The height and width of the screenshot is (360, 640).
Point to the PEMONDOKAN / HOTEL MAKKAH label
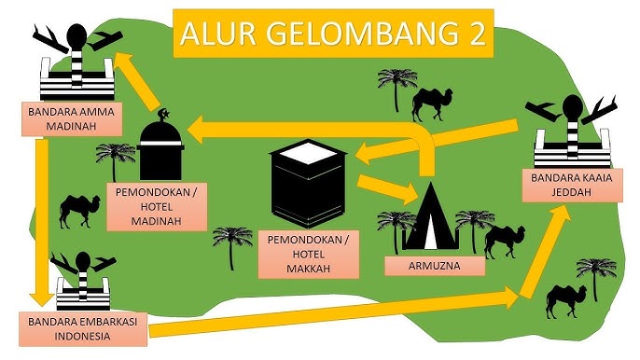click(310, 254)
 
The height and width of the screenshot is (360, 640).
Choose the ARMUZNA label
click(436, 265)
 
